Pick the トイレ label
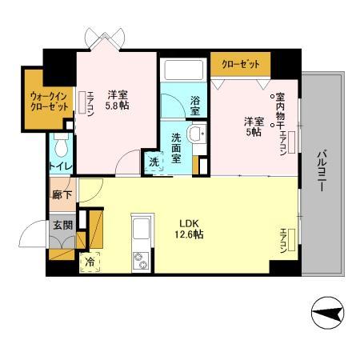[x=61, y=166]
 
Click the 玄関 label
[x=62, y=225]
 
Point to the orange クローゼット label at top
[x=240, y=62]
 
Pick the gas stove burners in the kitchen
[x=142, y=259]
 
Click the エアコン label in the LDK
[x=285, y=239]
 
